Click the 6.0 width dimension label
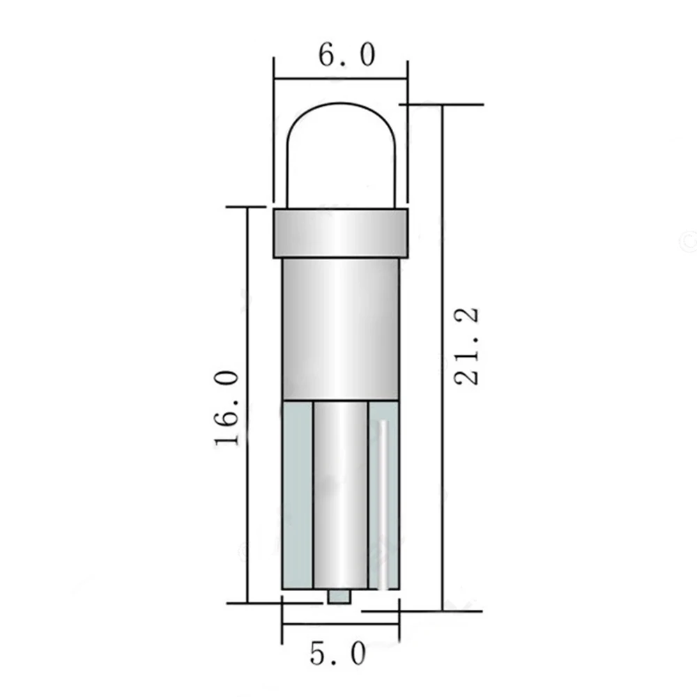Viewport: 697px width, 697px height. click(346, 54)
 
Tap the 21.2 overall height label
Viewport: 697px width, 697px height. click(467, 346)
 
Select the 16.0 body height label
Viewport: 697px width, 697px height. click(227, 408)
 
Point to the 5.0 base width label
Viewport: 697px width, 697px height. click(338, 654)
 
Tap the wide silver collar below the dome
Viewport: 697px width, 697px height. click(341, 233)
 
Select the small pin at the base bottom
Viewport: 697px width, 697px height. click(339, 597)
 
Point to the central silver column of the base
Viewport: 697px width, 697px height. click(341, 495)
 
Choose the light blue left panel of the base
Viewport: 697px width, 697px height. click(298, 495)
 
